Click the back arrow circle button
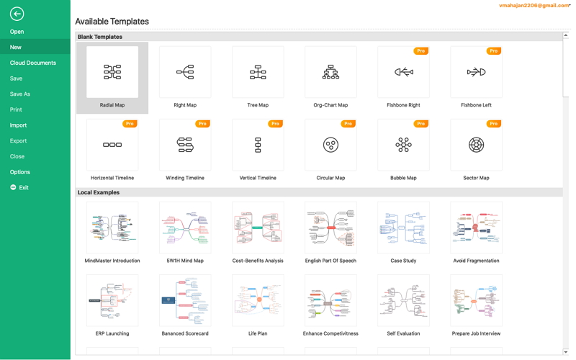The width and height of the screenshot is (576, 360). click(x=17, y=13)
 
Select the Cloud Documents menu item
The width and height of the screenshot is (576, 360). click(x=33, y=63)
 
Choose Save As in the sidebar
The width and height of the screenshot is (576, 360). click(x=20, y=94)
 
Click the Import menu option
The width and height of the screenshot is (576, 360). click(x=18, y=125)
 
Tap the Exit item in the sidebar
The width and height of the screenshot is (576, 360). click(x=23, y=187)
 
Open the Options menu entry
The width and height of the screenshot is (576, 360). click(x=20, y=172)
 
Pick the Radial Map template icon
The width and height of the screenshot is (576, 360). click(x=112, y=72)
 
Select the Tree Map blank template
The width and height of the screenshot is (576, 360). click(x=258, y=72)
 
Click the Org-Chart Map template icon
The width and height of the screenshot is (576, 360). click(x=330, y=72)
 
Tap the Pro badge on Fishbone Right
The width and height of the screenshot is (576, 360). click(x=421, y=51)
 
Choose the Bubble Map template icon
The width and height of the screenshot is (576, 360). click(x=403, y=145)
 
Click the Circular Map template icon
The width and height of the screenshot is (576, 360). click(x=330, y=145)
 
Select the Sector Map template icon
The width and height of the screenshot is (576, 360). click(x=476, y=145)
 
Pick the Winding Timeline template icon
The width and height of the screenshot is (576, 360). click(x=185, y=145)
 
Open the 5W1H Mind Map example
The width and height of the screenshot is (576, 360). click(x=185, y=228)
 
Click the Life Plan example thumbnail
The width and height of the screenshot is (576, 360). click(x=258, y=300)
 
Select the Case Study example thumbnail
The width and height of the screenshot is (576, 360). click(x=403, y=228)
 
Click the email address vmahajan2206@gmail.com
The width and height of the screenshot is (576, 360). click(x=534, y=6)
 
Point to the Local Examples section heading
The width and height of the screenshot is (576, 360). click(x=99, y=192)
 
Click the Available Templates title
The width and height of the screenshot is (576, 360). click(x=112, y=22)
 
